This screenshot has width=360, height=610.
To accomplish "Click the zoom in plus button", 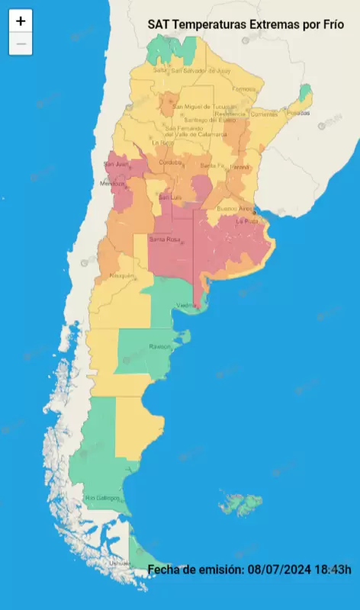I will click(21, 21).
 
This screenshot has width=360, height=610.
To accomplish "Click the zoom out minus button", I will click(21, 44).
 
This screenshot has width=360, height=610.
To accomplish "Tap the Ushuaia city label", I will click(120, 563).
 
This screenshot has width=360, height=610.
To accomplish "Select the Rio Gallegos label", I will click(102, 498).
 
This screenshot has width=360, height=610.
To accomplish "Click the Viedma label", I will click(187, 305).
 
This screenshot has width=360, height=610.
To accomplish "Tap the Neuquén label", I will click(122, 275).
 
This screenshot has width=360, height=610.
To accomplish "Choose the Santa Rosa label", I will click(164, 240).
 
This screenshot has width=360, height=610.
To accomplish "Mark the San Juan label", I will click(115, 164).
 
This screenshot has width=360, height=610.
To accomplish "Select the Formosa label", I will click(244, 88).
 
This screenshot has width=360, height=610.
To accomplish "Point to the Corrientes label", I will click(264, 114).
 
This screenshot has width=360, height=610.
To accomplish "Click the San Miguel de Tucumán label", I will click(201, 106).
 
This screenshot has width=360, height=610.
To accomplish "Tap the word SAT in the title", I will click(159, 24).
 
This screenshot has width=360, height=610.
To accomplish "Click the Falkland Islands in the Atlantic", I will click(241, 503).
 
